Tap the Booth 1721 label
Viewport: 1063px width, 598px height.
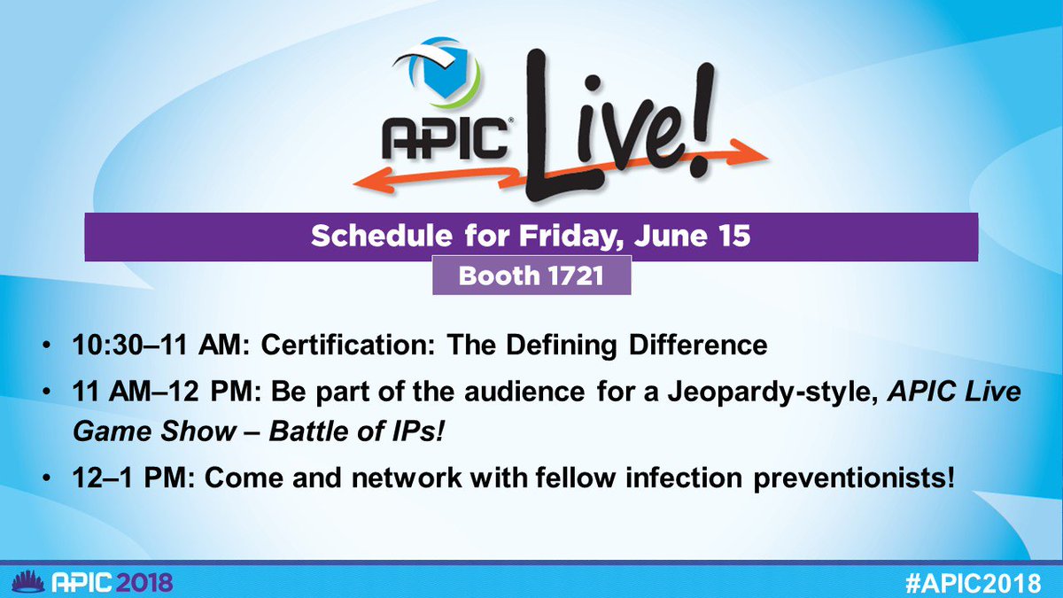pos(531,276)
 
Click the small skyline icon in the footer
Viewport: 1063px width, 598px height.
pos(22,580)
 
